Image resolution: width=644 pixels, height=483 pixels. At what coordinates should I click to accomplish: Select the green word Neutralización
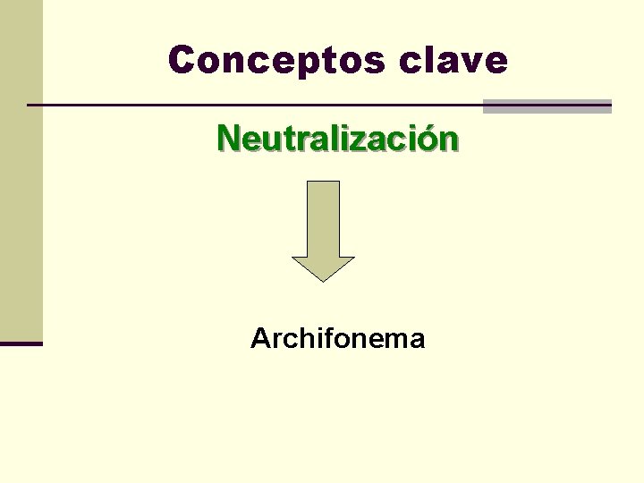338,139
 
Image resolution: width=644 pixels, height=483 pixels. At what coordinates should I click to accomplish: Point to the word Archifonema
337,339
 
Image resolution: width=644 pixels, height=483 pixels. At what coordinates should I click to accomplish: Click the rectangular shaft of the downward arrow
323,218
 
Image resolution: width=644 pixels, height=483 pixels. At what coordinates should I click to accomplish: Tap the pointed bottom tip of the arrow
323,278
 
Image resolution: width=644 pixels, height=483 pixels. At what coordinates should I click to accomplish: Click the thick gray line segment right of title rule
547,106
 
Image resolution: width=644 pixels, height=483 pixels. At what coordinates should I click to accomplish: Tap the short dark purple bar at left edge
21,343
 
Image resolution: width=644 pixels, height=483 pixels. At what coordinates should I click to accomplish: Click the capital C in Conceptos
182,60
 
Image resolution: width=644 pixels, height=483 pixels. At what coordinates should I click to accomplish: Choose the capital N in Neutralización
228,139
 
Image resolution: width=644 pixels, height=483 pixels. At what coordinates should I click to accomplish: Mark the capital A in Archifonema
261,339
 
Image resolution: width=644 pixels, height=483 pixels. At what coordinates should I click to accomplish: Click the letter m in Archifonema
391,341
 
